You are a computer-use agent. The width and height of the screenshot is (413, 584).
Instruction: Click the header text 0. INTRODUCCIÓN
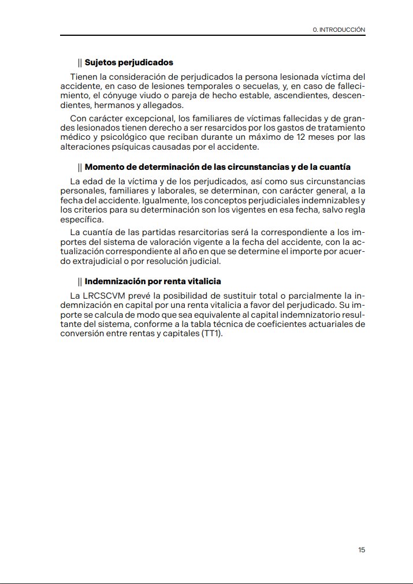pyautogui.click(x=338, y=29)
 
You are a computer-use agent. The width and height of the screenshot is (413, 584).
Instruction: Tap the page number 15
pyautogui.click(x=362, y=550)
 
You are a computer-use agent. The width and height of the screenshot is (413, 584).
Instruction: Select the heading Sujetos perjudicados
pyautogui.click(x=129, y=62)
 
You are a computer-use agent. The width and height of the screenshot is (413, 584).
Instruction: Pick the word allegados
pyautogui.click(x=163, y=105)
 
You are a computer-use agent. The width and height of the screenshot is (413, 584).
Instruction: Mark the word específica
pyautogui.click(x=82, y=220)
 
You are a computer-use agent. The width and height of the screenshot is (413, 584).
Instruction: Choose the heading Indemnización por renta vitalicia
pyautogui.click(x=152, y=281)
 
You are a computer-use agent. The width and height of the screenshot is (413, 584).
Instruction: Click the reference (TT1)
pyautogui.click(x=211, y=334)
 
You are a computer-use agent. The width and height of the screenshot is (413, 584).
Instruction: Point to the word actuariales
pyautogui.click(x=335, y=324)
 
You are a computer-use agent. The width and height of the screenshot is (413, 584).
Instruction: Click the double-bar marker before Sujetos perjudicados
pyautogui.click(x=80, y=62)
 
